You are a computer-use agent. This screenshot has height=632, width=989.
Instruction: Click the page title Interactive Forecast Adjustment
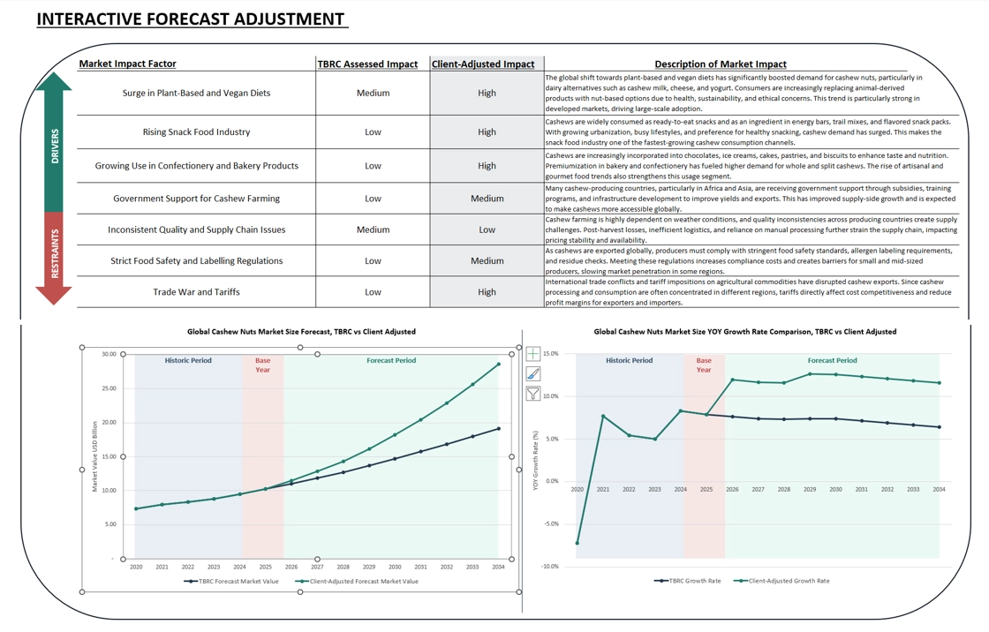click(x=190, y=19)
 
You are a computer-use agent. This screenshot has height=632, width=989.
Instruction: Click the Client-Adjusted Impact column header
click(x=483, y=64)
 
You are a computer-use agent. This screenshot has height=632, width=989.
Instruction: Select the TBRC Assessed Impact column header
click(x=367, y=64)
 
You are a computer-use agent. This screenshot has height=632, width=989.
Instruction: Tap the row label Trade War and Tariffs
click(x=196, y=291)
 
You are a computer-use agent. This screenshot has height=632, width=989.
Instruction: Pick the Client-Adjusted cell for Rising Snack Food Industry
click(x=487, y=132)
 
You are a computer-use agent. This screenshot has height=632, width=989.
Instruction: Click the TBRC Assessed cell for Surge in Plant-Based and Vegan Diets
click(x=373, y=93)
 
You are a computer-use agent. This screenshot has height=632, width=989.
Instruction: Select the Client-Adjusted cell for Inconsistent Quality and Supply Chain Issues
click(x=487, y=229)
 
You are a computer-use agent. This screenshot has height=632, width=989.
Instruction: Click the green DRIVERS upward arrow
click(x=54, y=141)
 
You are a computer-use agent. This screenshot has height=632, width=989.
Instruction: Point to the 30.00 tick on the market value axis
click(x=109, y=354)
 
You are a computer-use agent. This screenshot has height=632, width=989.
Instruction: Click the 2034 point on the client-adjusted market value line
click(x=498, y=364)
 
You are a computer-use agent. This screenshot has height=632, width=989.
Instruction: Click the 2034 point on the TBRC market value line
click(x=498, y=429)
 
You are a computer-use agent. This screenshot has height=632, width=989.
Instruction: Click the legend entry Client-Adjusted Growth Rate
click(x=787, y=581)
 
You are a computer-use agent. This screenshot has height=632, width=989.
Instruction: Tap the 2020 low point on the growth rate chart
click(x=578, y=543)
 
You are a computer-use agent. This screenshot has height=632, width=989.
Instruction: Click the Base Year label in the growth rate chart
click(x=703, y=365)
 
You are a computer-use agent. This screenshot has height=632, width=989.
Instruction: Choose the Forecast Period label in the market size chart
click(x=390, y=360)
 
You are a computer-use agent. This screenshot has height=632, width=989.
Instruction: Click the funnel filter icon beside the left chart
click(x=533, y=394)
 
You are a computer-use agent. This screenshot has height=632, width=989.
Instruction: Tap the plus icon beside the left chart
click(x=533, y=354)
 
